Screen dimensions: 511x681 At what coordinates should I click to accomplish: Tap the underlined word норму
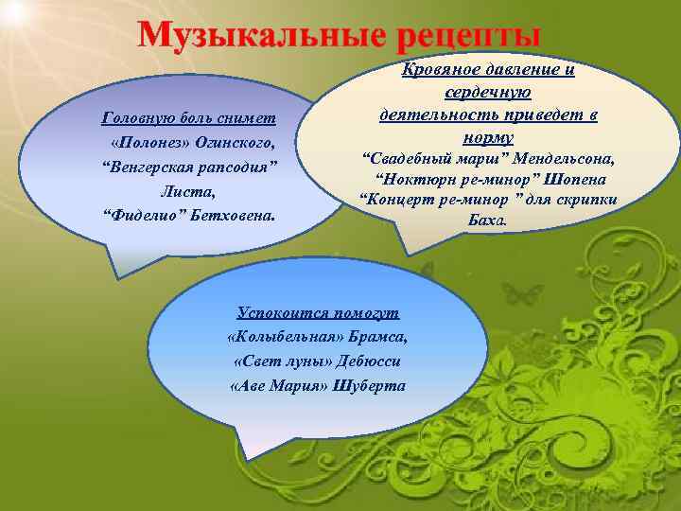pos(489,137)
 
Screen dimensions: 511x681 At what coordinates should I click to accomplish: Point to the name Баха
pos(487,221)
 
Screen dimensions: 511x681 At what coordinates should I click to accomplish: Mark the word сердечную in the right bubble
pos(487,93)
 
